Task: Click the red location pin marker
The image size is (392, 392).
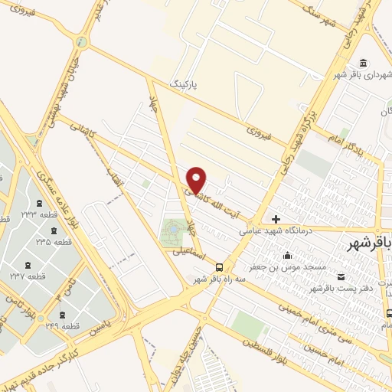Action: point(198,179)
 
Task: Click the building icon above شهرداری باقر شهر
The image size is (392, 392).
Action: point(362,63)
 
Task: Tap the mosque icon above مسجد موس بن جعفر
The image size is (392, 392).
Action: point(287,255)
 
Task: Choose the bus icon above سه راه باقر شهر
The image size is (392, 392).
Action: point(220,267)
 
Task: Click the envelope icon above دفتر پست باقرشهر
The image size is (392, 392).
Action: point(341,276)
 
